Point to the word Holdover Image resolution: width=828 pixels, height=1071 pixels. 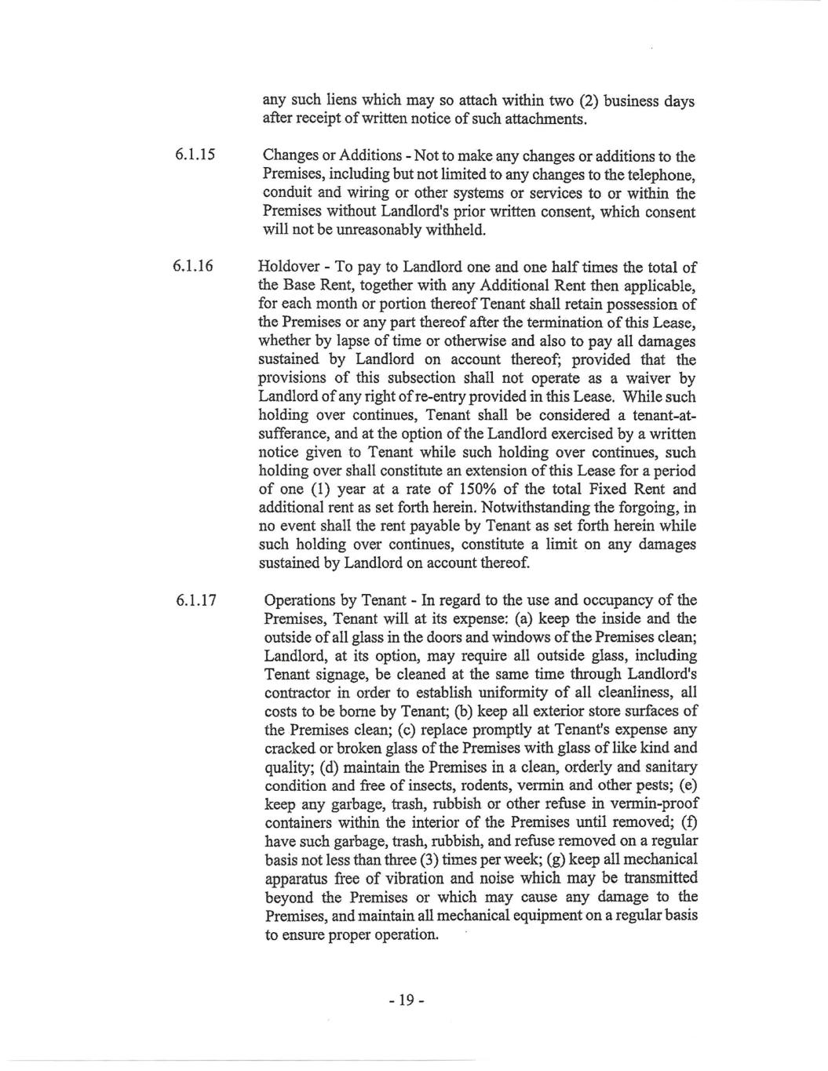[x=287, y=267]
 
